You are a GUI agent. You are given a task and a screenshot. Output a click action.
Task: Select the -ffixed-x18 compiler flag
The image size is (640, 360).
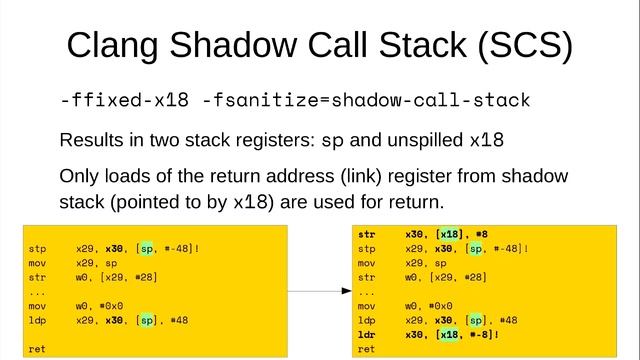coord(125,101)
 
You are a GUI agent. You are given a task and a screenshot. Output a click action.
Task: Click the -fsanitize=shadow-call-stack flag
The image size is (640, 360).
coord(365,101)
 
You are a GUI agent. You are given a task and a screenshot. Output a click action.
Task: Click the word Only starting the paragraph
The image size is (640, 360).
coord(81,176)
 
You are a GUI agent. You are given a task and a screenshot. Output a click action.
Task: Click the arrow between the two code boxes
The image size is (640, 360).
coord(319,291)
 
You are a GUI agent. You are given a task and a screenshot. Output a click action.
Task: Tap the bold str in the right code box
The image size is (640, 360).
coord(366,234)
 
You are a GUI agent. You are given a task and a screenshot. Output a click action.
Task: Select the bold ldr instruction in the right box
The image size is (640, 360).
coord(366,334)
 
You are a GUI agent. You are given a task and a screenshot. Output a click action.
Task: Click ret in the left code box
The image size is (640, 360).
coord(37,350)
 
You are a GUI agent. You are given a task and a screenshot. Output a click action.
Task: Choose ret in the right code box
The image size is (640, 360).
coord(366,349)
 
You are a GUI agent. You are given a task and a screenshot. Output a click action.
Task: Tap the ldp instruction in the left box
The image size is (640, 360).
coord(37,320)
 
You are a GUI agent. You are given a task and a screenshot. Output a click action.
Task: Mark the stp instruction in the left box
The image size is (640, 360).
coord(37,247)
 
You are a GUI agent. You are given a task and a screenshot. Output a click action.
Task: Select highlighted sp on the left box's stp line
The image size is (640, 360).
coord(146,247)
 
